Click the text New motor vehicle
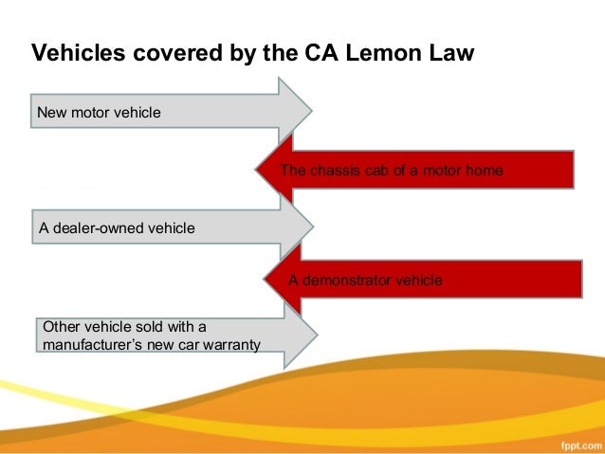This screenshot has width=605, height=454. click(99, 114)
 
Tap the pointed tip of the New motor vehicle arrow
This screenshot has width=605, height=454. click(310, 112)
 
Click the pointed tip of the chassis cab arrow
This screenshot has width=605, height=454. click(257, 170)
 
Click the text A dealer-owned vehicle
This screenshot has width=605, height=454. click(117, 227)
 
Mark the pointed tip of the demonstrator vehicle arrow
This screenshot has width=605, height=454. click(266, 280)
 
